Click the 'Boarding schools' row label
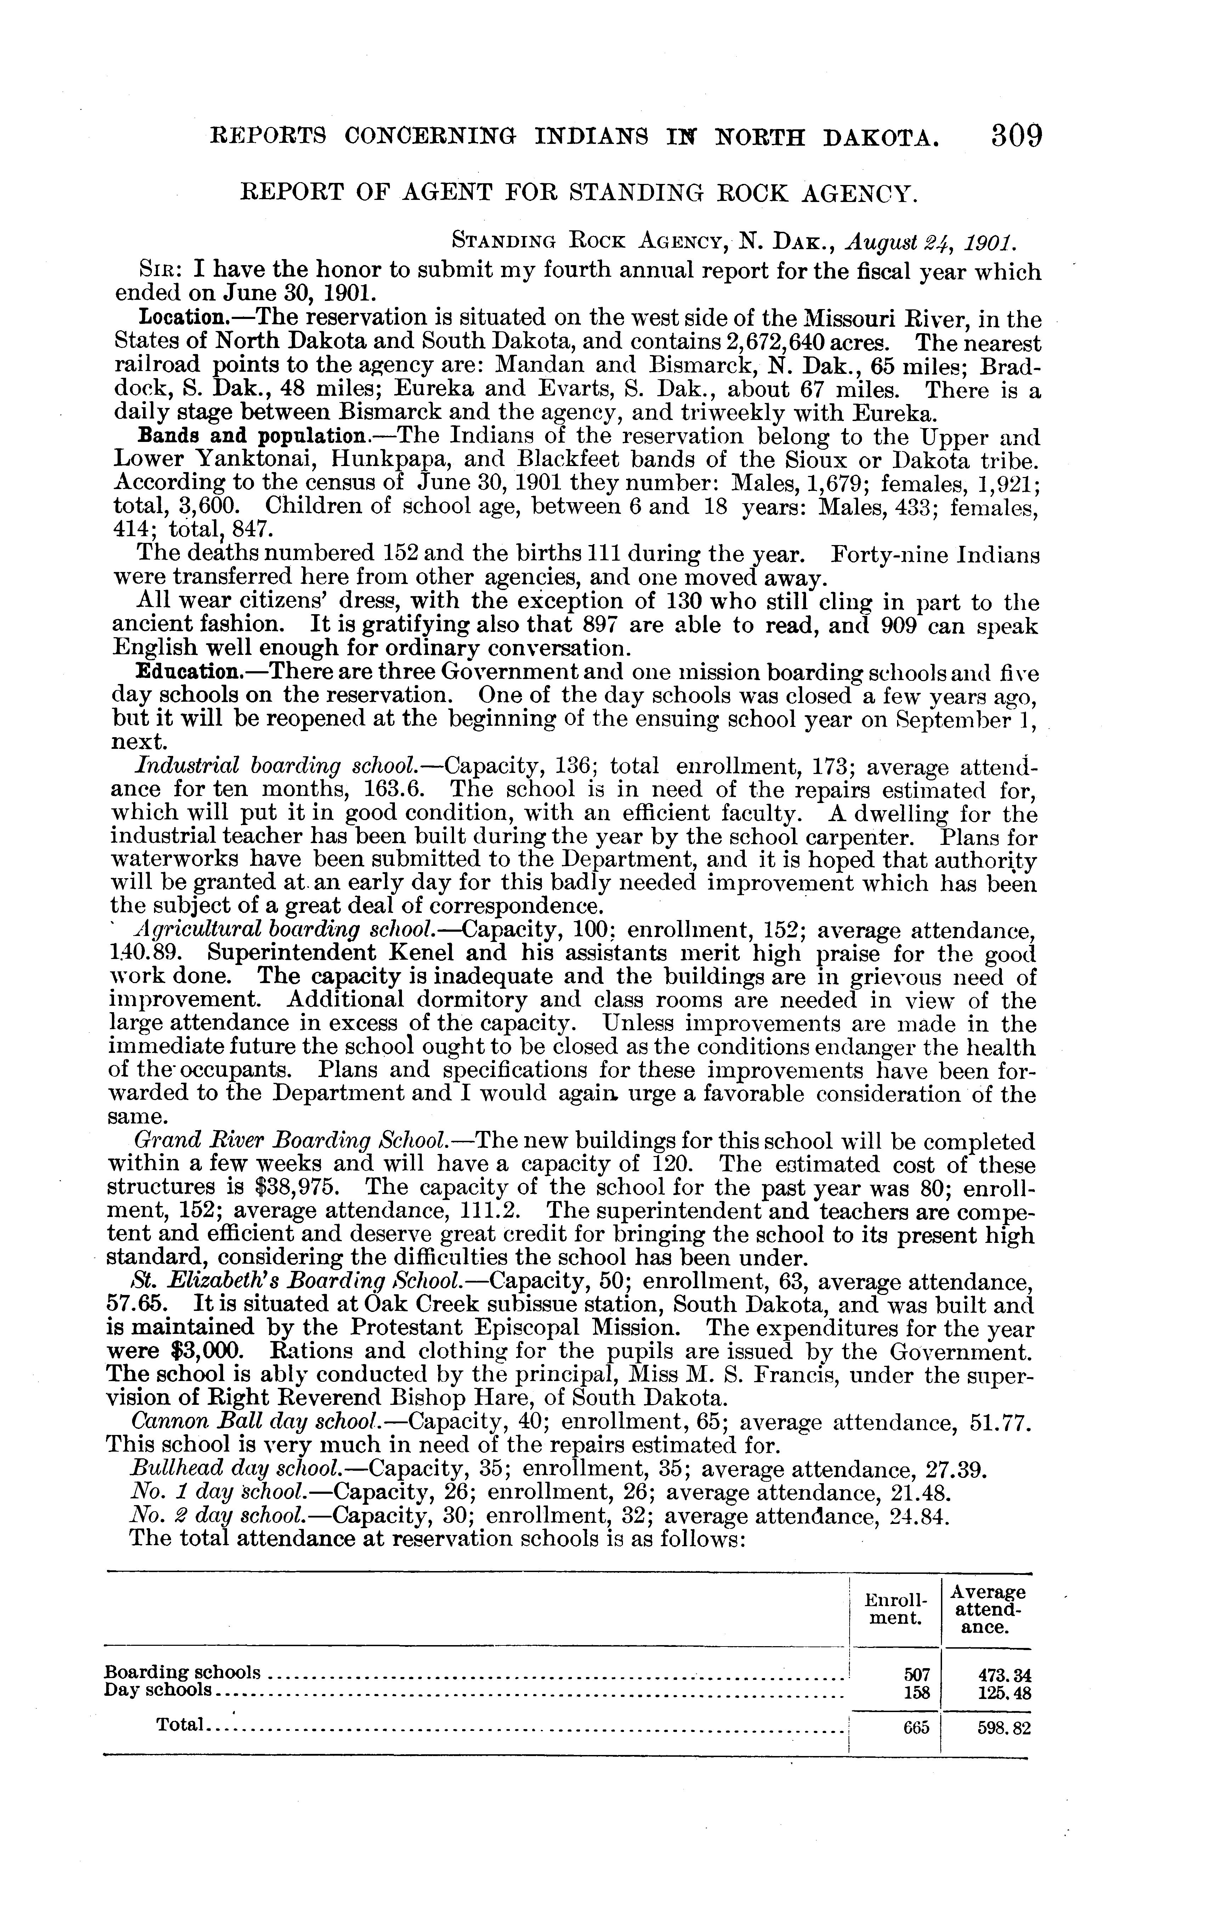(183, 1672)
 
